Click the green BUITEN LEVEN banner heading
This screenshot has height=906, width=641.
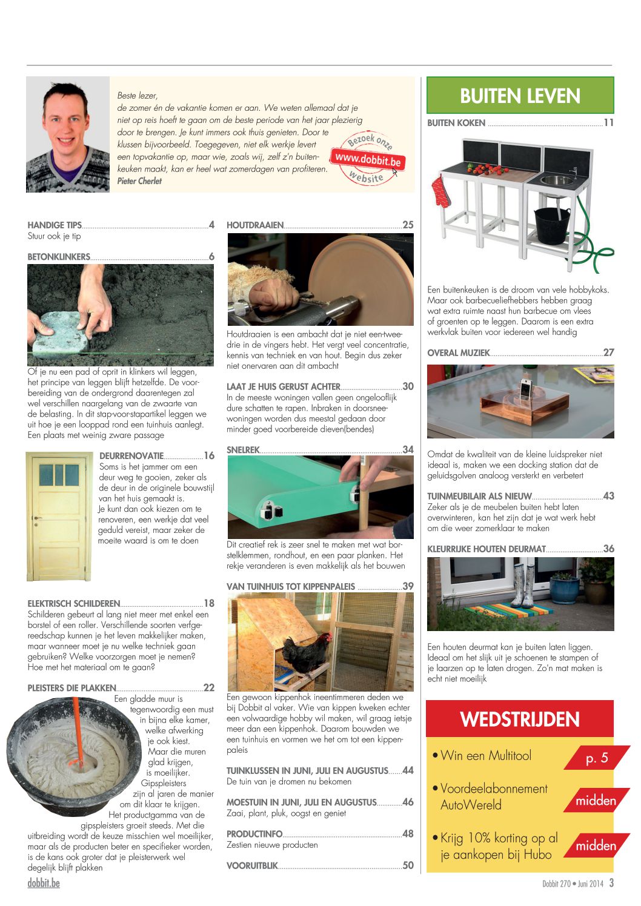coord(520,96)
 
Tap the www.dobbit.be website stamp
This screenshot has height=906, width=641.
coord(368,159)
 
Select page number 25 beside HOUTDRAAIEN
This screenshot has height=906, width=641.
coord(408,225)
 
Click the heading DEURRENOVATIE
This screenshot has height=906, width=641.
coord(131,456)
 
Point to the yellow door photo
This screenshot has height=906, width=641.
coord(59,516)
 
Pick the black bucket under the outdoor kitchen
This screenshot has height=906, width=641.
coord(552,225)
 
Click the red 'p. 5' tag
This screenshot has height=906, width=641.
coord(597,758)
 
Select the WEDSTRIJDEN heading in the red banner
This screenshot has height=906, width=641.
coord(520,719)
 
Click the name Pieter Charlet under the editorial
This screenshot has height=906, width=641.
coord(139,181)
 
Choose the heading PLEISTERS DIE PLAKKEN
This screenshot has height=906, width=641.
coord(71,688)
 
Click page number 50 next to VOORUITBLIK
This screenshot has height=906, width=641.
coord(408,866)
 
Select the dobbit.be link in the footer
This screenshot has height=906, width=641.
coord(44,883)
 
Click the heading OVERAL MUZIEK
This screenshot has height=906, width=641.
coord(458,353)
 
